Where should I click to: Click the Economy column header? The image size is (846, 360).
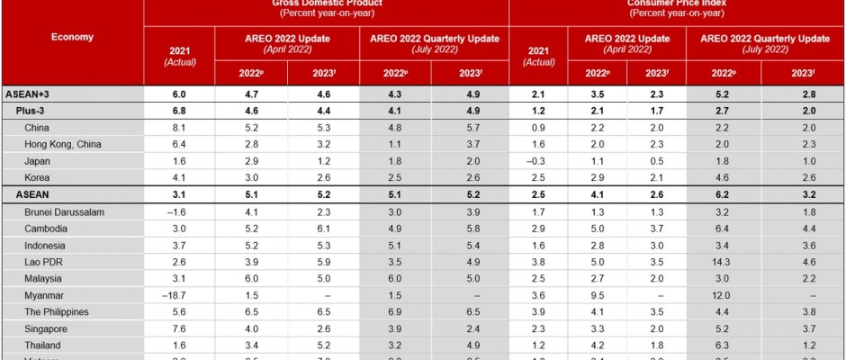pyautogui.click(x=72, y=37)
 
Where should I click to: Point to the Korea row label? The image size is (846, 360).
pyautogui.click(x=40, y=177)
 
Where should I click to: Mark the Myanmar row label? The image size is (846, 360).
pyautogui.click(x=46, y=295)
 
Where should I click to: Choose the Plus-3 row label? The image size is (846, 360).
pyautogui.click(x=33, y=110)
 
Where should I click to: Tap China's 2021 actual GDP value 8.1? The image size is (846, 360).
pyautogui.click(x=179, y=127)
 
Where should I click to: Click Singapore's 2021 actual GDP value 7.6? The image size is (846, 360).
pyautogui.click(x=179, y=328)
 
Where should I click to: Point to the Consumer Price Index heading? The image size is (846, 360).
pyautogui.click(x=676, y=4)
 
